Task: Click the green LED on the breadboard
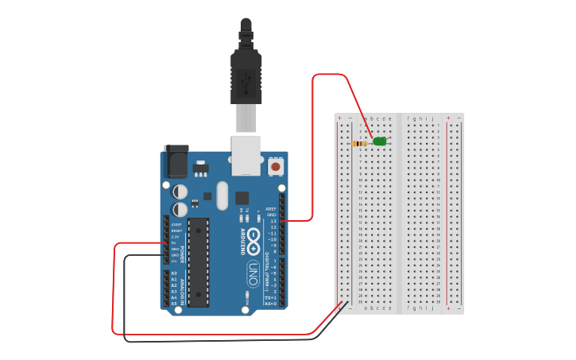point(380,141)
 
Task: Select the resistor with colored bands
point(361,144)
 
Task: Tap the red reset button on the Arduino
point(276,166)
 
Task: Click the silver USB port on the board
point(245,154)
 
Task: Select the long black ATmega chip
point(198,261)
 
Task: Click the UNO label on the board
point(253,269)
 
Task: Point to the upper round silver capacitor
point(180,192)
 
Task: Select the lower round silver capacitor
point(180,209)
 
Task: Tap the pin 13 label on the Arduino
point(273,227)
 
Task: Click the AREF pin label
point(271,209)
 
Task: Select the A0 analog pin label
point(174,273)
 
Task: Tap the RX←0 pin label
point(270,304)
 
